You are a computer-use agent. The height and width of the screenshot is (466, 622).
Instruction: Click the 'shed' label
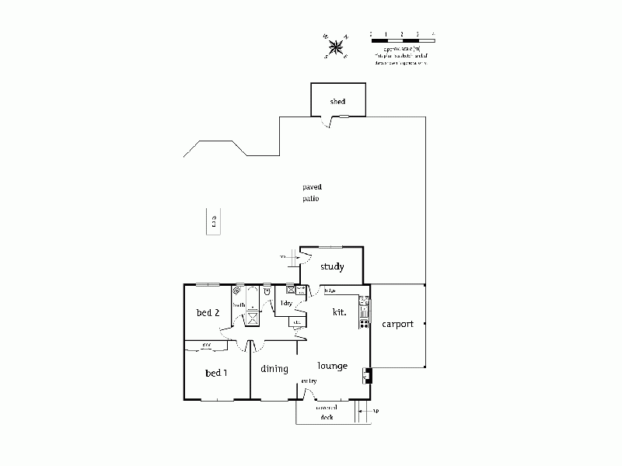click(x=337, y=102)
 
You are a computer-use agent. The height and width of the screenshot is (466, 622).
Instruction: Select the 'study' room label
click(x=332, y=267)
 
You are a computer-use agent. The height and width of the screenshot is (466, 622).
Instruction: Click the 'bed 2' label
click(x=208, y=313)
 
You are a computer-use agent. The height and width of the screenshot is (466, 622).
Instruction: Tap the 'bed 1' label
click(x=216, y=373)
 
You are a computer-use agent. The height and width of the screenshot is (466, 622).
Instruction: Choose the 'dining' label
click(x=274, y=369)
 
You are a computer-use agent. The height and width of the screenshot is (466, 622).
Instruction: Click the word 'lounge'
click(x=332, y=366)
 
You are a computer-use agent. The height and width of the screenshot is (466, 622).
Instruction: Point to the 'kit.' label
click(x=339, y=311)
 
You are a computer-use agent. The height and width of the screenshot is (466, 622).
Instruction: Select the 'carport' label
click(x=397, y=324)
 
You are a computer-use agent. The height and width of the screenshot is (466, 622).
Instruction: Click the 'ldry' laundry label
click(x=286, y=303)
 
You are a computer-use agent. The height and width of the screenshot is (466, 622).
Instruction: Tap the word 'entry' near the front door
click(x=309, y=381)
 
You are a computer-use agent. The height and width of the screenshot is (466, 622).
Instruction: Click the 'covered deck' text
click(x=326, y=412)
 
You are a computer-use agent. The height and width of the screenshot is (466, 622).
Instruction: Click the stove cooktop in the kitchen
click(x=363, y=323)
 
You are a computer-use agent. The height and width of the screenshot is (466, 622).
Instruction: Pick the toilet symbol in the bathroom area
click(x=266, y=291)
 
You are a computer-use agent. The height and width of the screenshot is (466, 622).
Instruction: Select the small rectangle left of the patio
click(x=212, y=220)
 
